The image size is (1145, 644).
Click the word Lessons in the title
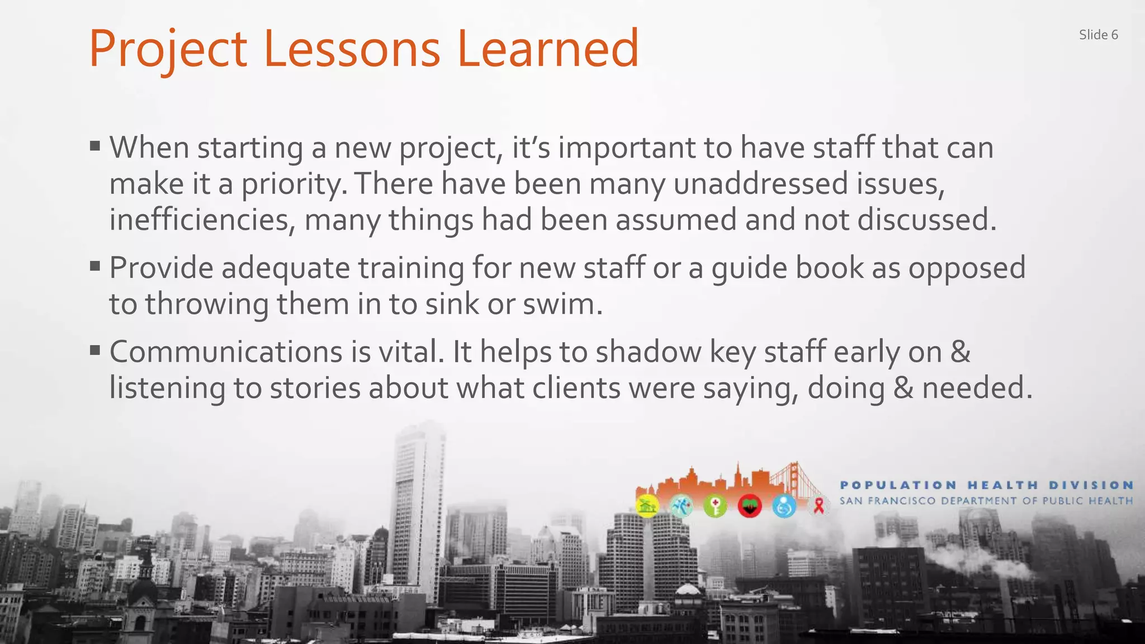click(x=352, y=49)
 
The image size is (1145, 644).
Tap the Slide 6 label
click(x=1098, y=35)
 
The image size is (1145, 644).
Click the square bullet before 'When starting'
click(x=95, y=146)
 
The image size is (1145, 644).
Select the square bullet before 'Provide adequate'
click(x=95, y=266)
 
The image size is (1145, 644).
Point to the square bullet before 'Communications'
click(x=95, y=351)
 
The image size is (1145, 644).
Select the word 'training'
click(x=411, y=268)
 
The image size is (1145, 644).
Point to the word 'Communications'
click(x=226, y=352)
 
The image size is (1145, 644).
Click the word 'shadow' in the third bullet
click(x=648, y=352)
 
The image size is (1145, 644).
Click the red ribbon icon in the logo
click(x=819, y=506)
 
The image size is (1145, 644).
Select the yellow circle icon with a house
click(x=647, y=506)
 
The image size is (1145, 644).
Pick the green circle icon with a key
click(x=715, y=506)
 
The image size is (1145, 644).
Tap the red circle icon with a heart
click(x=750, y=506)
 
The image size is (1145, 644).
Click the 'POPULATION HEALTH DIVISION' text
click(x=986, y=485)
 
